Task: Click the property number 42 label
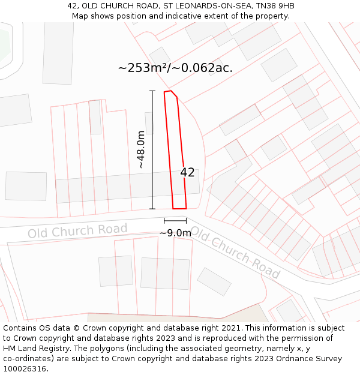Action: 187,172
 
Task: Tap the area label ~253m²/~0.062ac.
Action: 175,68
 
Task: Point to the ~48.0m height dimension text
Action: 141,149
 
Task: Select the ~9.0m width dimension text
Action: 175,233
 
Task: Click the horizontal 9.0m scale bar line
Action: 175,221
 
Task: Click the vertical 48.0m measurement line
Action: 152,150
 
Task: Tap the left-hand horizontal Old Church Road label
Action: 77,231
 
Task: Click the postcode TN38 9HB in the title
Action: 275,6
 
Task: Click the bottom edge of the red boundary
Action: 179,209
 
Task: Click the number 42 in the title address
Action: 72,6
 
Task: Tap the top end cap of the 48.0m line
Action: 152,91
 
